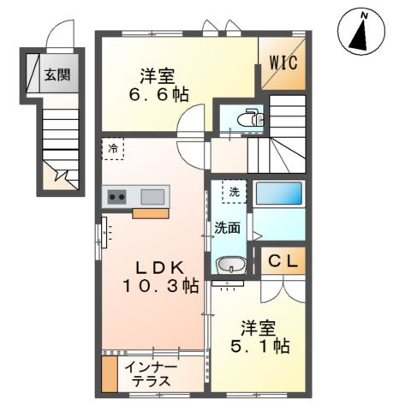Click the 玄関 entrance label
point(57,74)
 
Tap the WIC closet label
point(283,62)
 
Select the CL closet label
point(283,261)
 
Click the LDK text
point(159,268)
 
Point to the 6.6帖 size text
point(158,94)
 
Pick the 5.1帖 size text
point(259,346)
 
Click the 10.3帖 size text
point(160,286)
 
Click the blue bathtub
point(279,194)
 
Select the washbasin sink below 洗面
point(231,265)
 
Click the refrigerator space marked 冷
point(113,149)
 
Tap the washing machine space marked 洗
point(234,192)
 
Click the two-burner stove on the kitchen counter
point(116,197)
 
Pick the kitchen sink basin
point(152,197)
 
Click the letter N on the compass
point(364,16)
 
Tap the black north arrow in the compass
point(360,35)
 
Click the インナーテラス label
point(151,374)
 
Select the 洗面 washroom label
point(227,228)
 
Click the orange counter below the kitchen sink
point(151,214)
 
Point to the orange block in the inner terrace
point(110,374)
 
